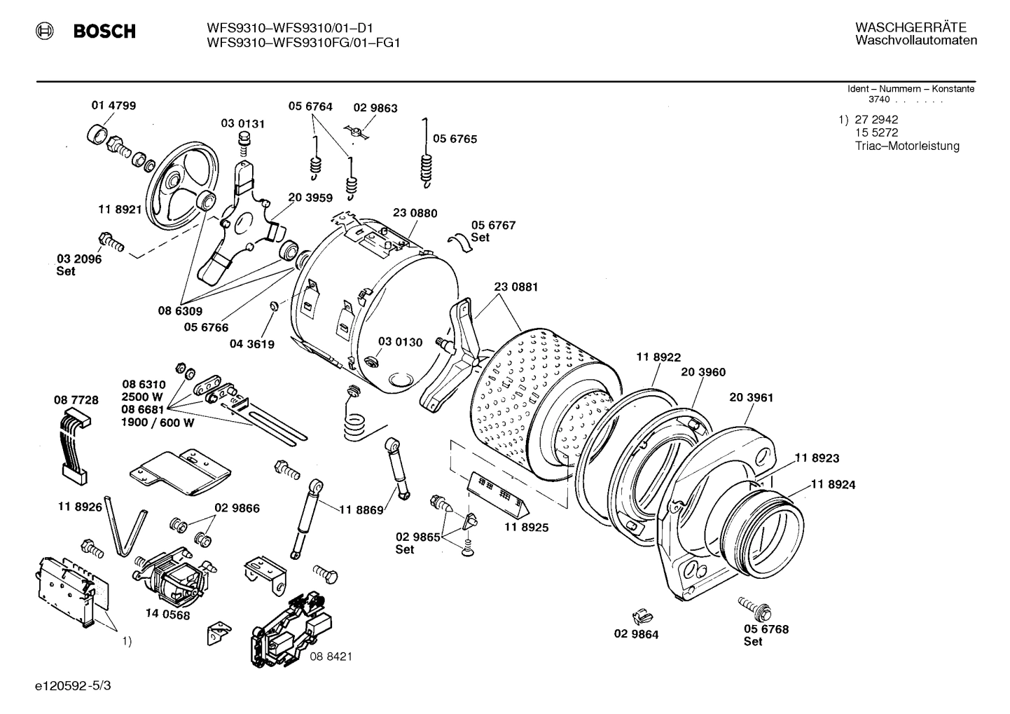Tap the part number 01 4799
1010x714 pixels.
[x=113, y=106]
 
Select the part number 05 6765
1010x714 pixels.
[x=455, y=139]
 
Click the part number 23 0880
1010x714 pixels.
[x=415, y=213]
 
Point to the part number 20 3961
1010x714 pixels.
[x=751, y=397]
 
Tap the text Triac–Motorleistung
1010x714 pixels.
[x=907, y=146]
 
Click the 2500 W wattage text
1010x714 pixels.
[x=142, y=397]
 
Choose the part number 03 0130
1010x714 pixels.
[x=400, y=342]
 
